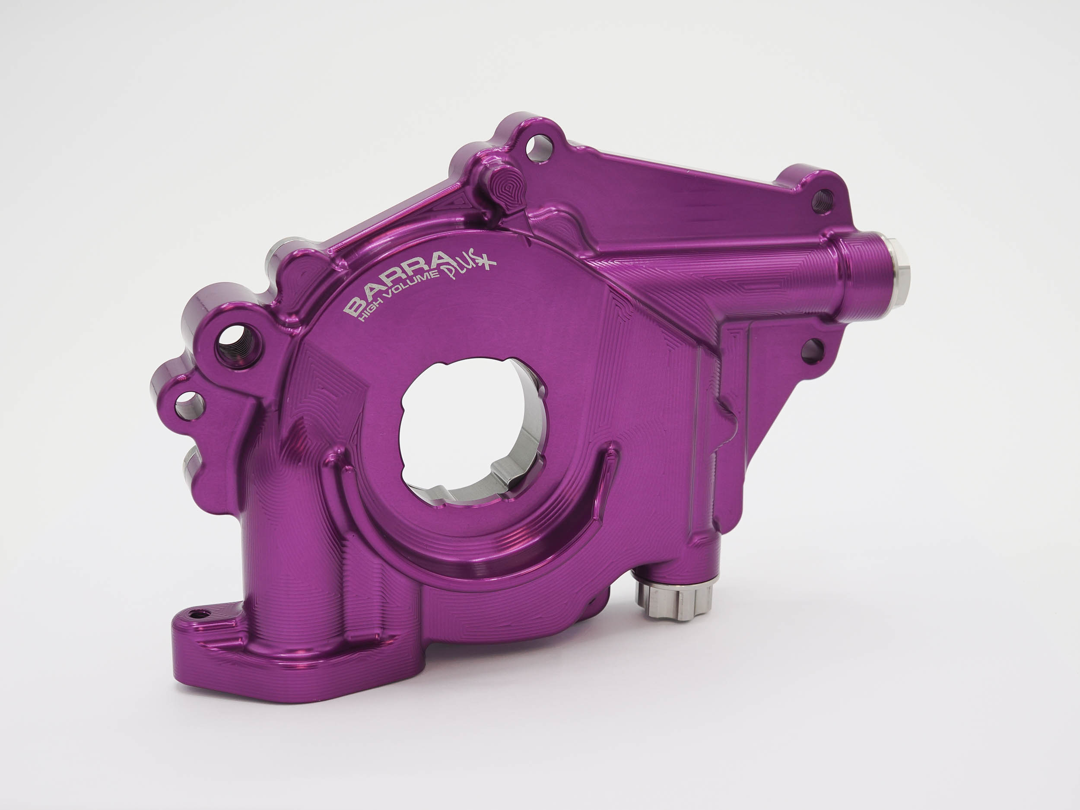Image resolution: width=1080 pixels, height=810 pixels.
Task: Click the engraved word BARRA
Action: pyautogui.click(x=398, y=284)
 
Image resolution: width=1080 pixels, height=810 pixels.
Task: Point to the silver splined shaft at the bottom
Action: pyautogui.click(x=676, y=599)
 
